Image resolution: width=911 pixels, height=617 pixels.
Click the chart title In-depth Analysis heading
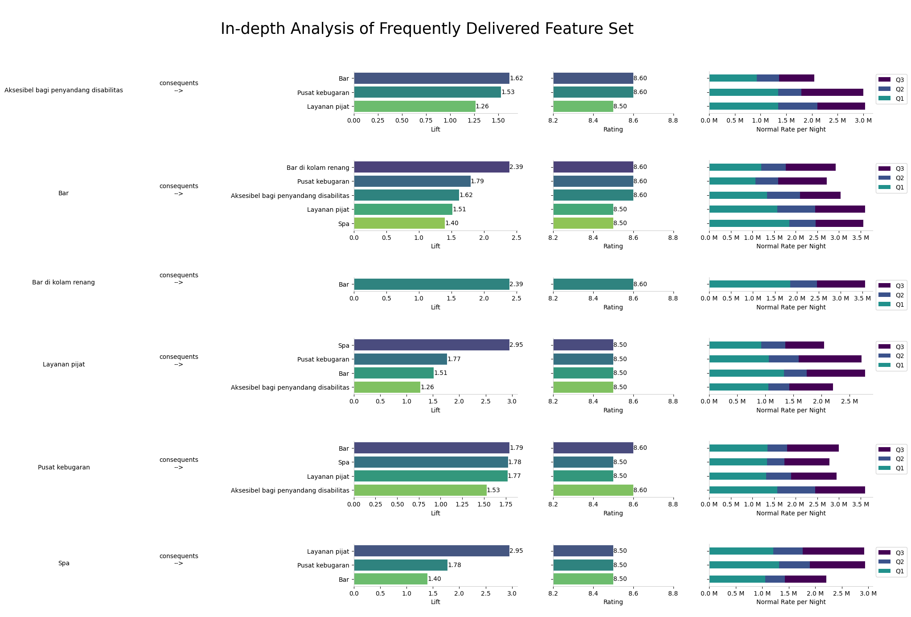click(427, 29)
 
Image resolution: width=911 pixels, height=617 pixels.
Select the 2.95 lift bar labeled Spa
click(431, 345)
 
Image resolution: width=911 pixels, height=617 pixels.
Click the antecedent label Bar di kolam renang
click(63, 283)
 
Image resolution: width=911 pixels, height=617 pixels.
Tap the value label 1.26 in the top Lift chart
click(482, 107)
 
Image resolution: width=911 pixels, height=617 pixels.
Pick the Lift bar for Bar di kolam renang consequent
click(431, 168)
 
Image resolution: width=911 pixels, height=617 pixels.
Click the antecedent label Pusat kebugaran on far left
click(64, 468)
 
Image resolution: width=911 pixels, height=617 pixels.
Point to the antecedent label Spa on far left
click(64, 564)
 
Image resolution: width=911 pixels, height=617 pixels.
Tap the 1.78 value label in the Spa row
click(455, 565)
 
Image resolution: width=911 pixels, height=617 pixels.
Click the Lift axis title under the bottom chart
click(435, 602)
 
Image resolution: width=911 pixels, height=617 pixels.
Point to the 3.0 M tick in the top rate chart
click(864, 121)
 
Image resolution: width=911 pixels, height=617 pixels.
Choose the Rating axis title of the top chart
click(613, 130)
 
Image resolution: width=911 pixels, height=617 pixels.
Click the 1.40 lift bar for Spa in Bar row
click(399, 223)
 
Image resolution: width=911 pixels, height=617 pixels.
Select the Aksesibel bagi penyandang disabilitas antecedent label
click(64, 90)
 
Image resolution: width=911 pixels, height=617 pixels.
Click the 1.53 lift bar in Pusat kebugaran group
click(420, 490)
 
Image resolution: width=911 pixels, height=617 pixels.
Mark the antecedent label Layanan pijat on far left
click(64, 365)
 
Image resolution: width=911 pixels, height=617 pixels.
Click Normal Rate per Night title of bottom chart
click(791, 602)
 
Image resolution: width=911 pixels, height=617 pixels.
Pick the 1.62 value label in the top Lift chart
click(517, 78)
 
